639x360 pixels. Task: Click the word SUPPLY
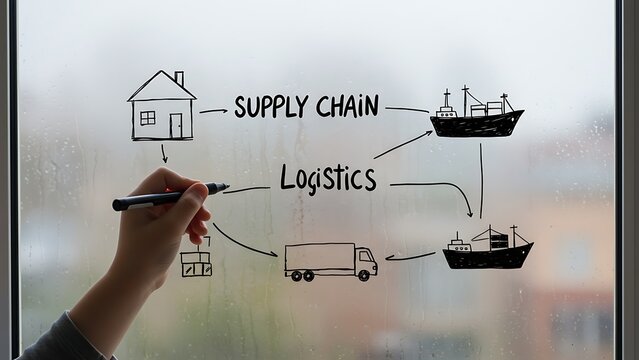270,106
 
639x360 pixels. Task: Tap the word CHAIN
347,106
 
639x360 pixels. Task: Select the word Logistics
328,179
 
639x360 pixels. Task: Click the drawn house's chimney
179,78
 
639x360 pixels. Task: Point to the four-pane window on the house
147,118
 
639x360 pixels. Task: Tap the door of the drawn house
176,125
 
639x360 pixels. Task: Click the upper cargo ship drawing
476,117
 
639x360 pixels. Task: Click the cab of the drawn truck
366,262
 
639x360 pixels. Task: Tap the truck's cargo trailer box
319,259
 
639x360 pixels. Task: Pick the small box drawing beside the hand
196,264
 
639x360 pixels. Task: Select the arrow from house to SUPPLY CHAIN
212,110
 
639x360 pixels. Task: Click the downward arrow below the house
164,153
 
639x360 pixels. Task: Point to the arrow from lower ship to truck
410,257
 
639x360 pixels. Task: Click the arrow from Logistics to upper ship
403,145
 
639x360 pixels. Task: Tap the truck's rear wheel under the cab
365,275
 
